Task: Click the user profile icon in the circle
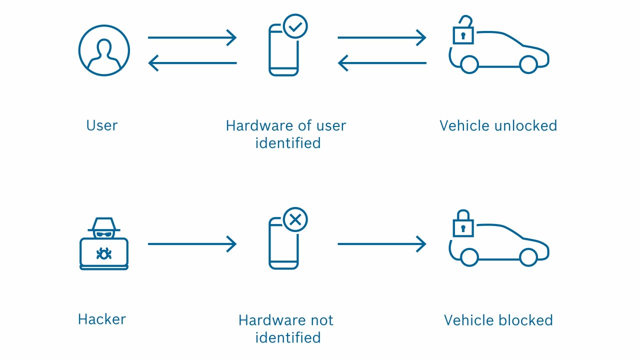(x=104, y=50)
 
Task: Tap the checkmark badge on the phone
(x=295, y=26)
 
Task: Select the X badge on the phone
(x=295, y=219)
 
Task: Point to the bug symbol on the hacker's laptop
(x=104, y=254)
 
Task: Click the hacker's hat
(x=104, y=224)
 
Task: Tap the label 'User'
(x=101, y=125)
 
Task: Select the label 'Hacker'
(x=101, y=319)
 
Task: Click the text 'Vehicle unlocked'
(x=498, y=125)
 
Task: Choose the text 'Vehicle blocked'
(x=498, y=320)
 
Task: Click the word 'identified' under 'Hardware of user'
(x=287, y=143)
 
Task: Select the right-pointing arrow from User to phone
(x=192, y=37)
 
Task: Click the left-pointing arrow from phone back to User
(x=192, y=63)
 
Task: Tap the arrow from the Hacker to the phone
(x=192, y=244)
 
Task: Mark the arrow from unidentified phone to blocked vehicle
(x=381, y=244)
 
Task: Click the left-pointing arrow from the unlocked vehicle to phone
(x=381, y=63)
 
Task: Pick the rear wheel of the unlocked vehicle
(x=469, y=64)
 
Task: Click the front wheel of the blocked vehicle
(x=528, y=257)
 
